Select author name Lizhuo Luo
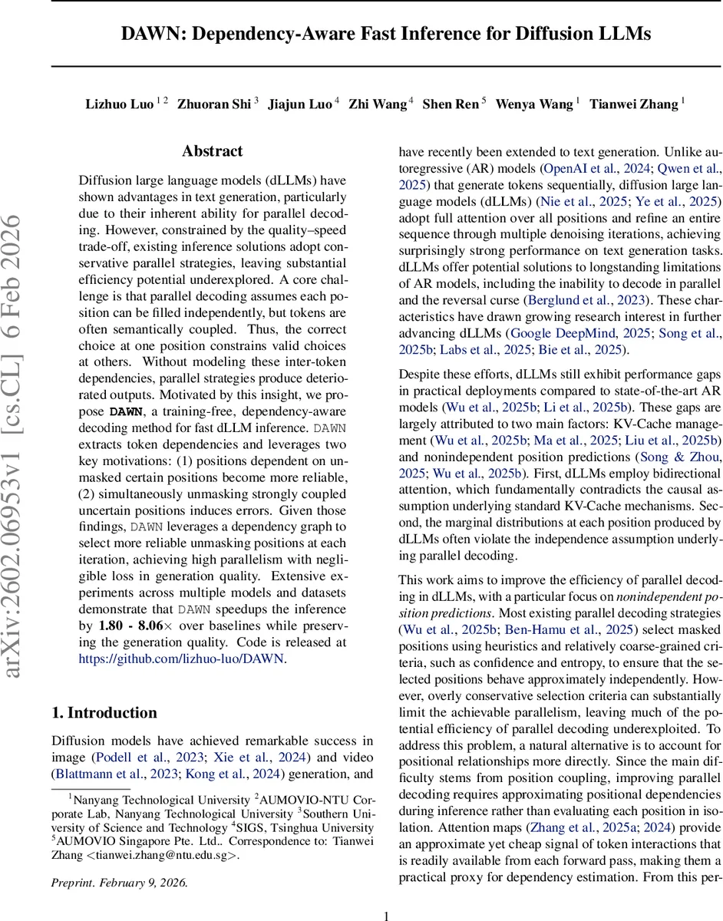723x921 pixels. pyautogui.click(x=119, y=104)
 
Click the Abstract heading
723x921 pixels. pyautogui.click(x=212, y=151)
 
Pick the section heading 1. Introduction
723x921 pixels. pyautogui.click(x=104, y=712)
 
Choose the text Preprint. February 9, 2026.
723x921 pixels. pyautogui.click(x=119, y=882)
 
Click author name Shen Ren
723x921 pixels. pyautogui.click(x=451, y=104)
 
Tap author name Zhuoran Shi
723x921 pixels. pyautogui.click(x=214, y=104)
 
